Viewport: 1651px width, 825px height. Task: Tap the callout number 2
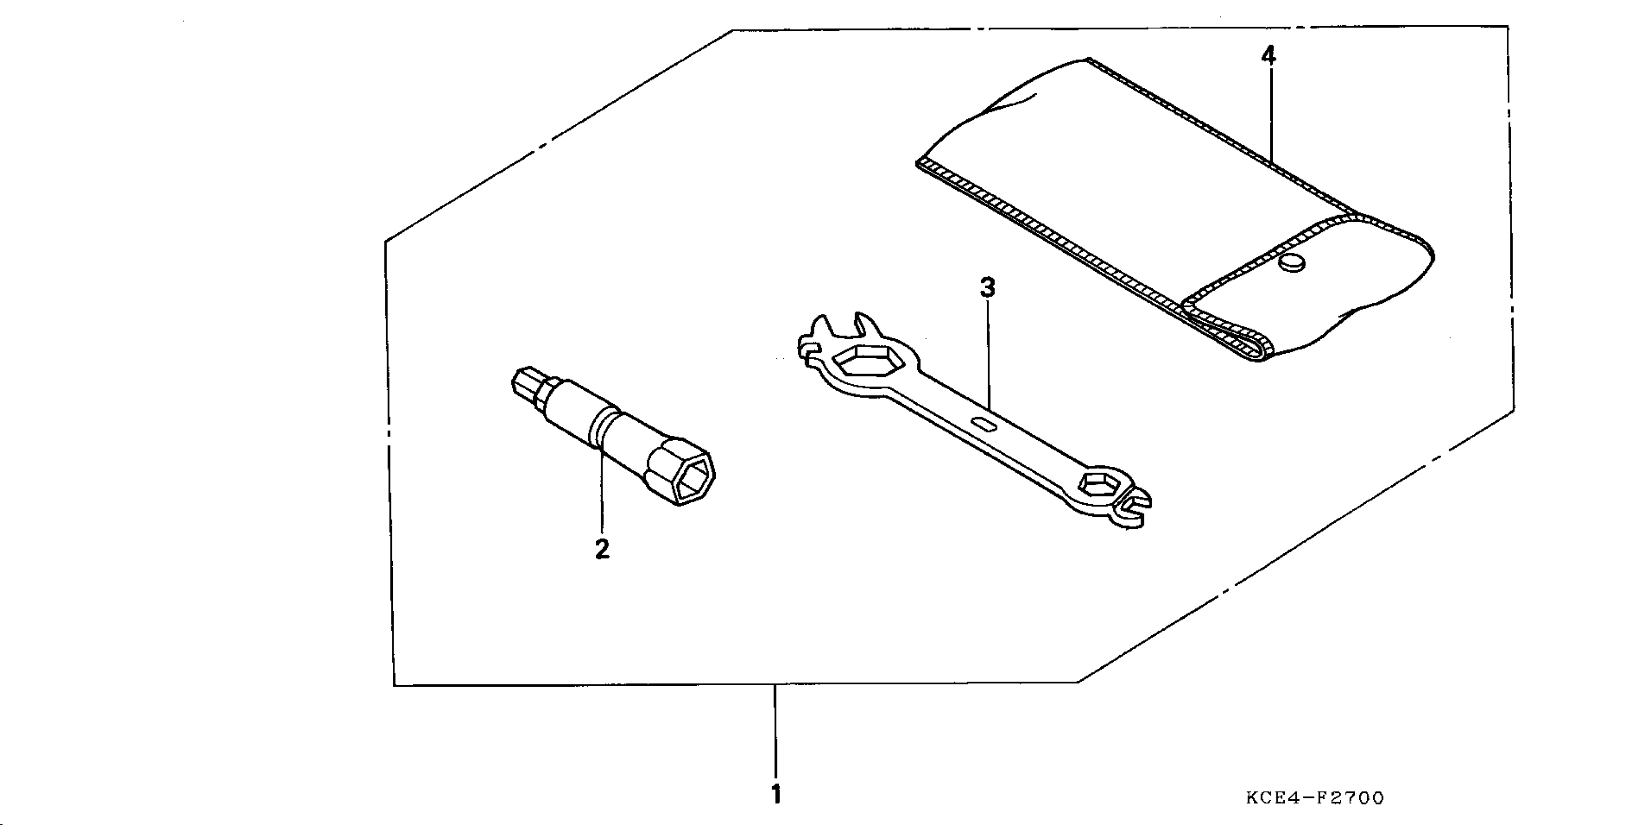(602, 549)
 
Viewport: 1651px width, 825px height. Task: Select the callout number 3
(988, 288)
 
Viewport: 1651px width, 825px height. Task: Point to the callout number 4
(1268, 56)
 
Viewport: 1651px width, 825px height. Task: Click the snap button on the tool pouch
(1292, 263)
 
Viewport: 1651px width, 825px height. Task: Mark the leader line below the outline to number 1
(775, 730)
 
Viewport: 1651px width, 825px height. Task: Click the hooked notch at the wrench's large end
(809, 349)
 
